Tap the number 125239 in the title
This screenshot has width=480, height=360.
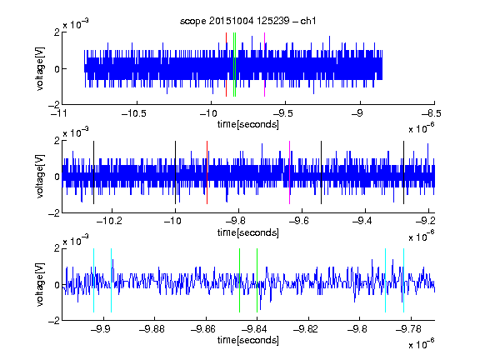[273, 21]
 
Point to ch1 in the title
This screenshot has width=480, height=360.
[308, 21]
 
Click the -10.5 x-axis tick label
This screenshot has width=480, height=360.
[134, 113]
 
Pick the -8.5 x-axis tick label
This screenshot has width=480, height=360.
[432, 113]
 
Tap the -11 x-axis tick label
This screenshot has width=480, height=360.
[60, 113]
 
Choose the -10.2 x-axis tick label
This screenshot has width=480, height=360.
[109, 220]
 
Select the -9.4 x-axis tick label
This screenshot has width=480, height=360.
[362, 220]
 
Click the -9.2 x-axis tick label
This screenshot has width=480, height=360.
[426, 220]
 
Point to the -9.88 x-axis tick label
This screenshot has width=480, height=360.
[152, 329]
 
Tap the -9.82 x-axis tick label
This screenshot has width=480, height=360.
[306, 329]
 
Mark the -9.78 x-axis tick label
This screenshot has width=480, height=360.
[408, 329]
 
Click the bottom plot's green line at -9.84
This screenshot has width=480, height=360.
[257, 280]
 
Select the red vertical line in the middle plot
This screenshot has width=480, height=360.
[207, 172]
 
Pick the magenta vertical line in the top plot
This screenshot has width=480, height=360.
[264, 65]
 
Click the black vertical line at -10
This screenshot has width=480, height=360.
[175, 172]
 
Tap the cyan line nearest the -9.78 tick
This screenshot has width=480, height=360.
[404, 280]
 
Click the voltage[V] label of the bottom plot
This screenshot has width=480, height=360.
[40, 285]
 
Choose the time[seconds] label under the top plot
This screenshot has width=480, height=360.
[248, 124]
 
